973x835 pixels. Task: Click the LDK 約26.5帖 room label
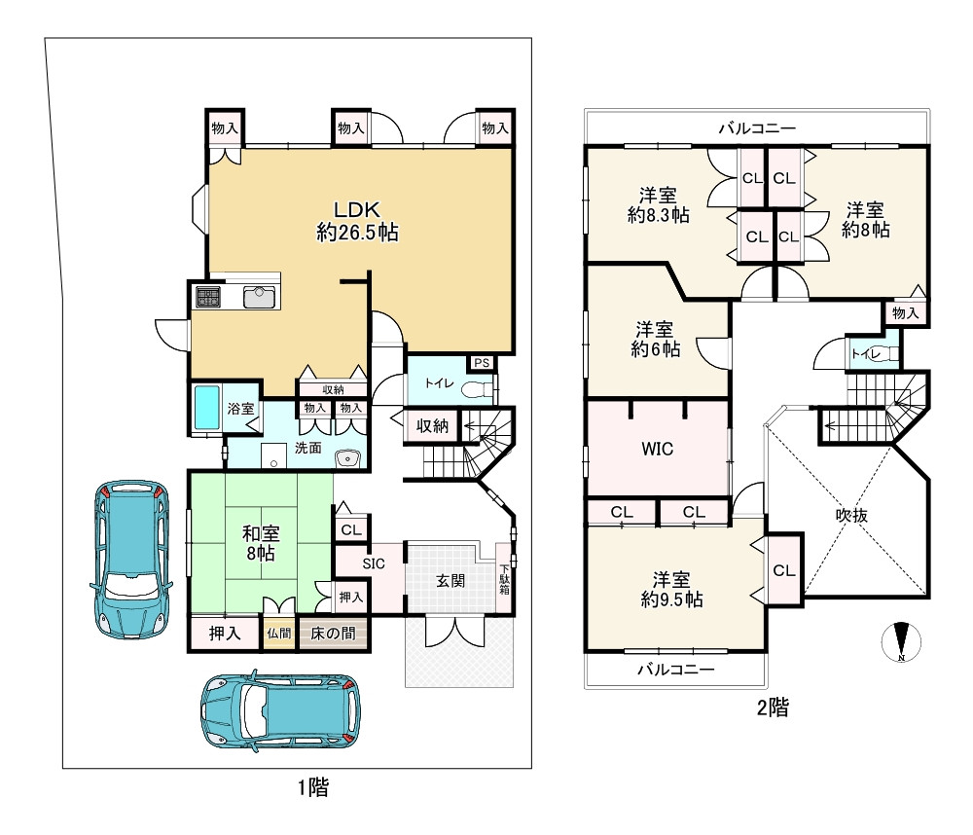(357, 221)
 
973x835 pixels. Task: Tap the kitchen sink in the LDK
(260, 298)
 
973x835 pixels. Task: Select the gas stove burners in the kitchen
(208, 297)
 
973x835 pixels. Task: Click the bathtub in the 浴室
(206, 408)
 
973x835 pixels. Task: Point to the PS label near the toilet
(482, 363)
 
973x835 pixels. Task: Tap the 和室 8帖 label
(261, 543)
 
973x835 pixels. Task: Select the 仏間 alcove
(279, 634)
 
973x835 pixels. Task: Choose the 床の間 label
(333, 634)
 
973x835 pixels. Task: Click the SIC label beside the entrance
(374, 563)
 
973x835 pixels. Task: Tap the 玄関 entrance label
(450, 581)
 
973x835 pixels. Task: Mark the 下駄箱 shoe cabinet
(504, 579)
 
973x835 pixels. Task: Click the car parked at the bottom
(280, 710)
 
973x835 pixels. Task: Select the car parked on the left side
(131, 559)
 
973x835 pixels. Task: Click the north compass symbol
(901, 641)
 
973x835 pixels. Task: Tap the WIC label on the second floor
(657, 449)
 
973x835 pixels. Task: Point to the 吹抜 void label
(851, 515)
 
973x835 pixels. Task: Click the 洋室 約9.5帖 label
(671, 590)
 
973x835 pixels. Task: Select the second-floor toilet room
(873, 353)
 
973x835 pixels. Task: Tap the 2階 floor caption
(773, 708)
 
